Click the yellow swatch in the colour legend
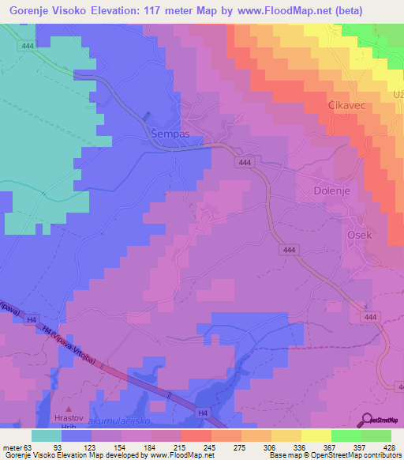[316, 435]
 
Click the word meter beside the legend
[11, 447]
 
